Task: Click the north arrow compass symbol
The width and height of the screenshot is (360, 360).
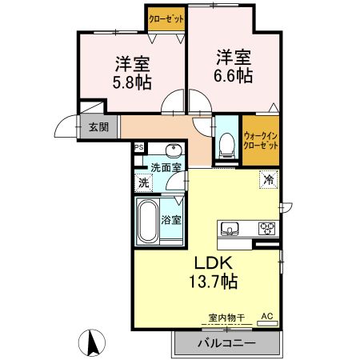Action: (92, 343)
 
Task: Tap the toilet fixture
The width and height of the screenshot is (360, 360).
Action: (226, 146)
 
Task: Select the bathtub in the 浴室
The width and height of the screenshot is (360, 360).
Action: (147, 221)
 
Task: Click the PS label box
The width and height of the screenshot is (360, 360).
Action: (139, 147)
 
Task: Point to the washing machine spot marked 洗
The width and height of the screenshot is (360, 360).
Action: (144, 183)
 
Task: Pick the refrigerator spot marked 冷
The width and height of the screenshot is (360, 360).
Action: (269, 179)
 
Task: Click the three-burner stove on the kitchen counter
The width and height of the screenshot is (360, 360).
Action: (267, 228)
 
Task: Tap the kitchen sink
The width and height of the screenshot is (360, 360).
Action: (229, 229)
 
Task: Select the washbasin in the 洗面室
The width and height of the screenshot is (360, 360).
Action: (174, 150)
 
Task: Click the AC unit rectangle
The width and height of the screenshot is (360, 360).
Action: (267, 323)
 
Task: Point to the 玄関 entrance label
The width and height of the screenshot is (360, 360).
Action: (98, 127)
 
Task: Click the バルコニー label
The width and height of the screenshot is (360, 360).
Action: (226, 342)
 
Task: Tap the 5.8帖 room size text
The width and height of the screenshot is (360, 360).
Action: (132, 82)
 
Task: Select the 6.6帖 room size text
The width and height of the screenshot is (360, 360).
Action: (233, 76)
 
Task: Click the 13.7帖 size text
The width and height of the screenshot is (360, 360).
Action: (214, 282)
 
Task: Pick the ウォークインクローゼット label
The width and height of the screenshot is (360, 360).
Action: (261, 141)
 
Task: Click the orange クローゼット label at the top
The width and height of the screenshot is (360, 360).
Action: (166, 19)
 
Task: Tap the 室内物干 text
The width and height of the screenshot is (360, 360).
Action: (226, 318)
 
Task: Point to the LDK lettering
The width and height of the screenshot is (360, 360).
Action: (213, 263)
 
